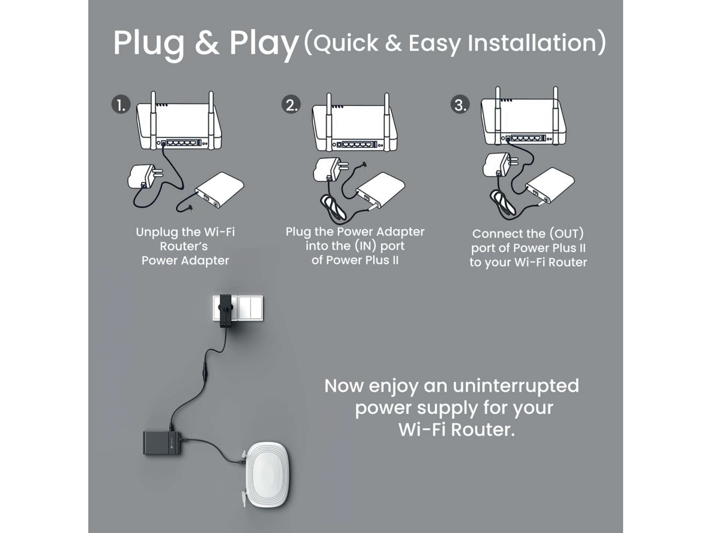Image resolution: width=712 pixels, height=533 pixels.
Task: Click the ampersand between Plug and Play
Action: coord(207,42)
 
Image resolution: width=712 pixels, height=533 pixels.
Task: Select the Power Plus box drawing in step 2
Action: coord(381,190)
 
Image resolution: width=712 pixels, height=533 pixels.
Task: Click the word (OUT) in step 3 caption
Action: coord(567,234)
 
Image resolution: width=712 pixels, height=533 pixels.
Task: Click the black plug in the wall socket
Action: coord(225,311)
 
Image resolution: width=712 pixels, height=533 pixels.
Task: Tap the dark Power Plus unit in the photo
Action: coord(162,442)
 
